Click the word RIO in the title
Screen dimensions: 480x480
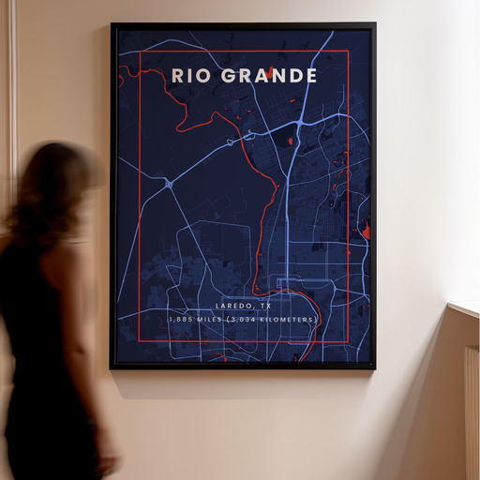click(190, 75)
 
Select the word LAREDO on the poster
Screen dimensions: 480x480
click(232, 306)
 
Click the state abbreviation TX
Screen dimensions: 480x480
click(266, 306)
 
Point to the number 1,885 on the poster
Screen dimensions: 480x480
click(182, 320)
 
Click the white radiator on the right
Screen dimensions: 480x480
click(472, 412)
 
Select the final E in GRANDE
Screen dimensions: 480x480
click(310, 75)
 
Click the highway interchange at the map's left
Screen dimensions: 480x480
click(169, 185)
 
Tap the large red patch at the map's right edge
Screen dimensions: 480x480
click(366, 231)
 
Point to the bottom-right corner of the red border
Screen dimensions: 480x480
click(348, 344)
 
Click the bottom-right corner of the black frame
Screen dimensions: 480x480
click(374, 367)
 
